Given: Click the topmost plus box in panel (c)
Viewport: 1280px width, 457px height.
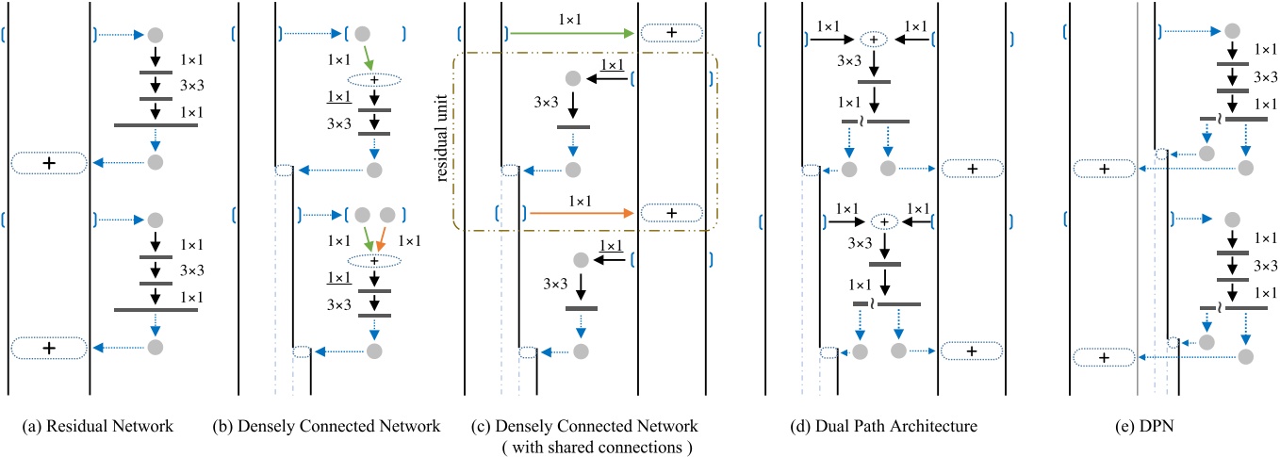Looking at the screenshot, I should point(671,33).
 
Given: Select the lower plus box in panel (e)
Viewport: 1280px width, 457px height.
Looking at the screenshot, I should point(1104,357).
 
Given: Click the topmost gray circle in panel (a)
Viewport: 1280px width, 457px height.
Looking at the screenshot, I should point(155,34).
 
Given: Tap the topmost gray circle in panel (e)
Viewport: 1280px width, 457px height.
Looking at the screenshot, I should point(1231,33).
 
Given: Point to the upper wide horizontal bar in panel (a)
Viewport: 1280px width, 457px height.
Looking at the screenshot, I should point(155,123).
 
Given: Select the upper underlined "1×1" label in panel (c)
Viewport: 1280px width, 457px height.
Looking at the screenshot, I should point(613,63).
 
